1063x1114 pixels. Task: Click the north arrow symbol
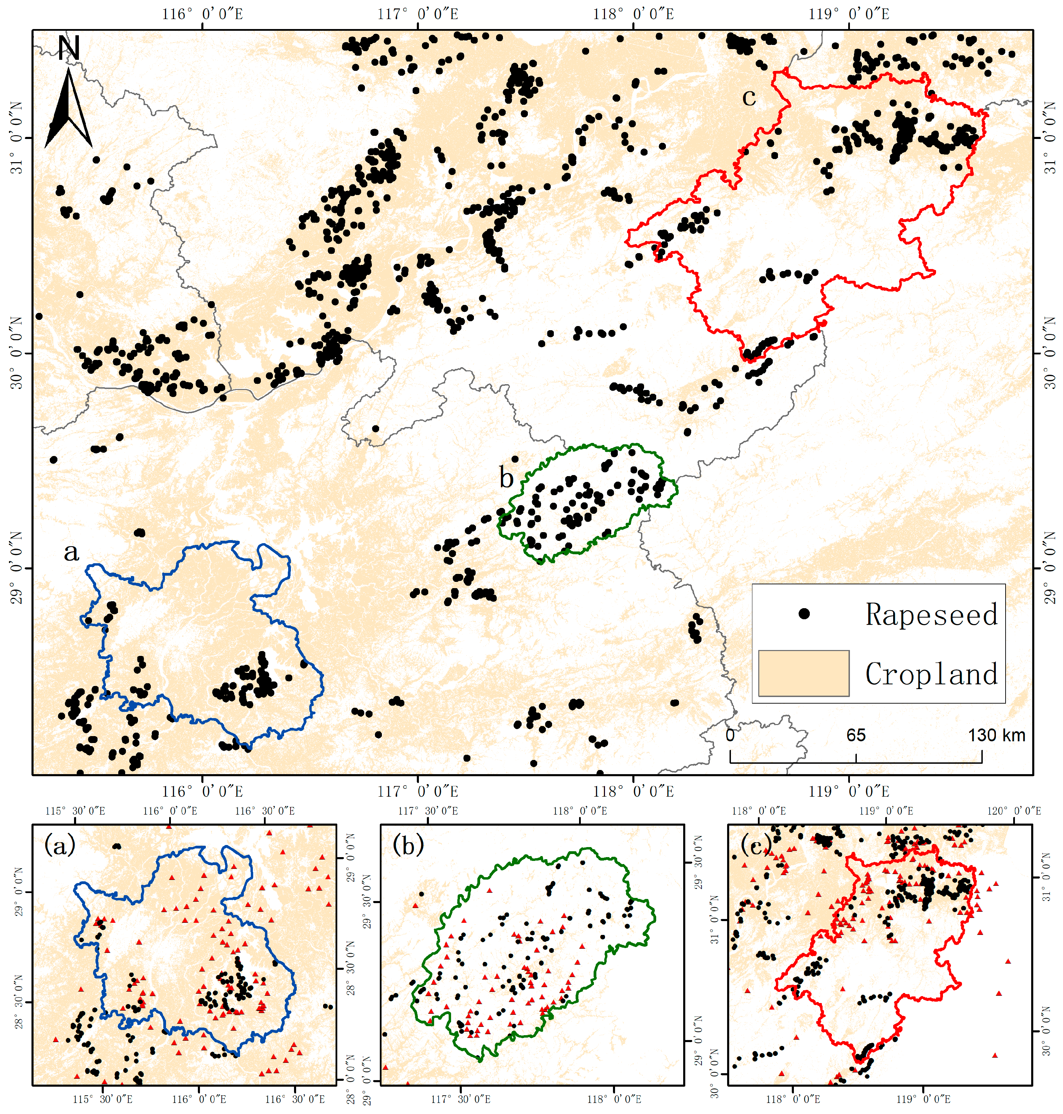(68, 110)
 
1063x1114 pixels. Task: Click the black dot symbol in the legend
(804, 613)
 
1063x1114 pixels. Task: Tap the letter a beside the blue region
(71, 551)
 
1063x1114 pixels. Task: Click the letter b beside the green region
(506, 479)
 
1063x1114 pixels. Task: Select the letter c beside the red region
(749, 98)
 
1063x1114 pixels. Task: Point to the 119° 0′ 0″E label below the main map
(848, 791)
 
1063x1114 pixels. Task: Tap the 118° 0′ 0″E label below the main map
(633, 791)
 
